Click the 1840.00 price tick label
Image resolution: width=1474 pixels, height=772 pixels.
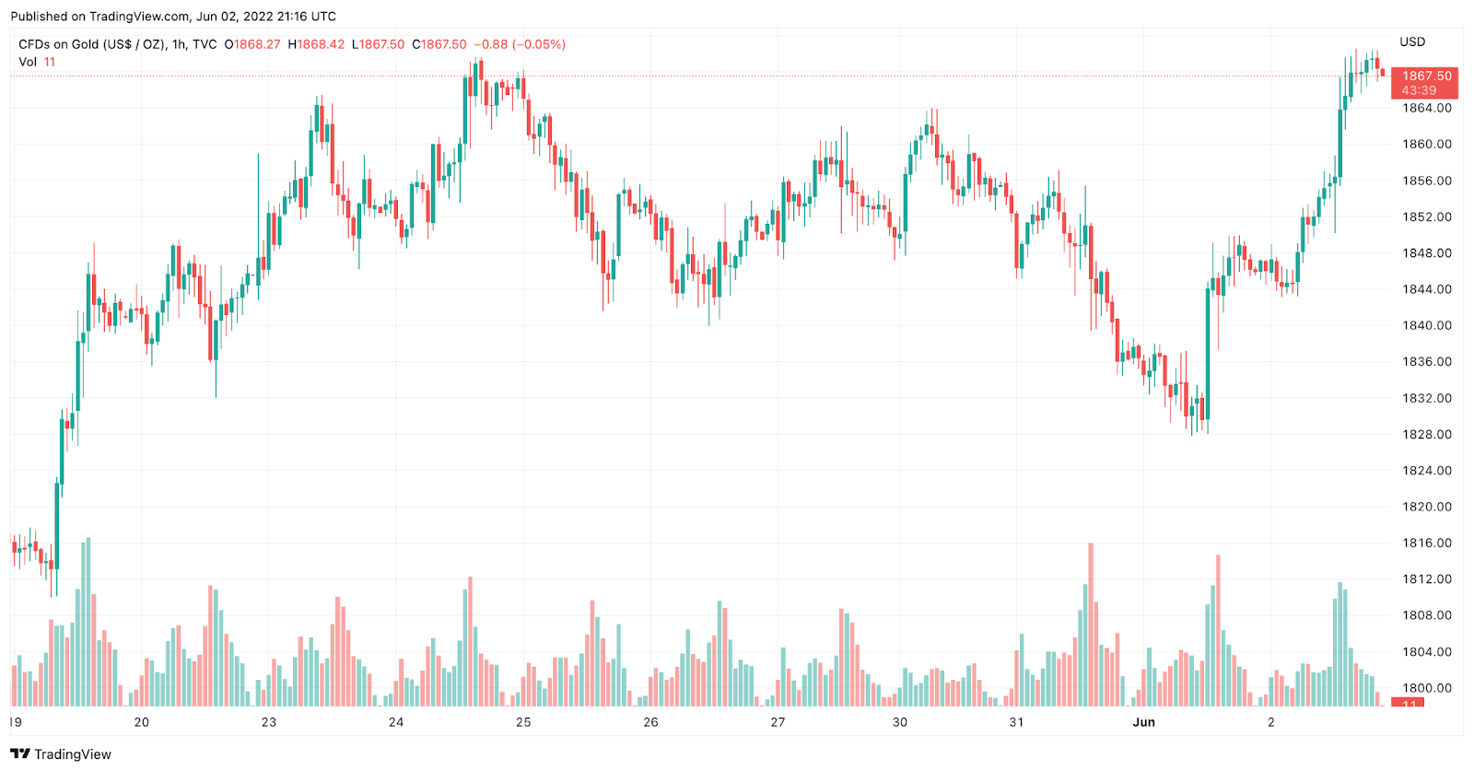click(x=1426, y=325)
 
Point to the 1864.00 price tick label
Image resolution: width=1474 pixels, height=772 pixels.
click(x=1426, y=108)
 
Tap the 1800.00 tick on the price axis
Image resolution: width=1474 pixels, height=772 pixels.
click(x=1426, y=688)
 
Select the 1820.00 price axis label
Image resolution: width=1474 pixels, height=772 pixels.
click(x=1426, y=507)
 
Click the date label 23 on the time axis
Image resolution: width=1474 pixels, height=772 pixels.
click(x=269, y=722)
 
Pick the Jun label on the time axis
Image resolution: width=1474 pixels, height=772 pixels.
click(x=1143, y=722)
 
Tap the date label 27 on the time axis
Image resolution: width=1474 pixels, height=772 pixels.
click(x=778, y=722)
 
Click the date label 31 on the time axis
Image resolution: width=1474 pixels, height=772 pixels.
click(x=1016, y=722)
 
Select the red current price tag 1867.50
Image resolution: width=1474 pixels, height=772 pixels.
click(x=1425, y=76)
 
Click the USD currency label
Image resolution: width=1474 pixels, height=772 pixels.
click(x=1412, y=41)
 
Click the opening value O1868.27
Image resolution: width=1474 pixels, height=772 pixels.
click(x=252, y=44)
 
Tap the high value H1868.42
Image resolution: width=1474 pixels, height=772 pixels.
click(x=316, y=44)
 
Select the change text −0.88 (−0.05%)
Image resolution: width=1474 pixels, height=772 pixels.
click(x=520, y=44)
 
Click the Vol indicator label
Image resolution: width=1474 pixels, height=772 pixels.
click(x=28, y=62)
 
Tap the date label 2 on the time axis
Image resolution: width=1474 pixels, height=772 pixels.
click(x=1271, y=722)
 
